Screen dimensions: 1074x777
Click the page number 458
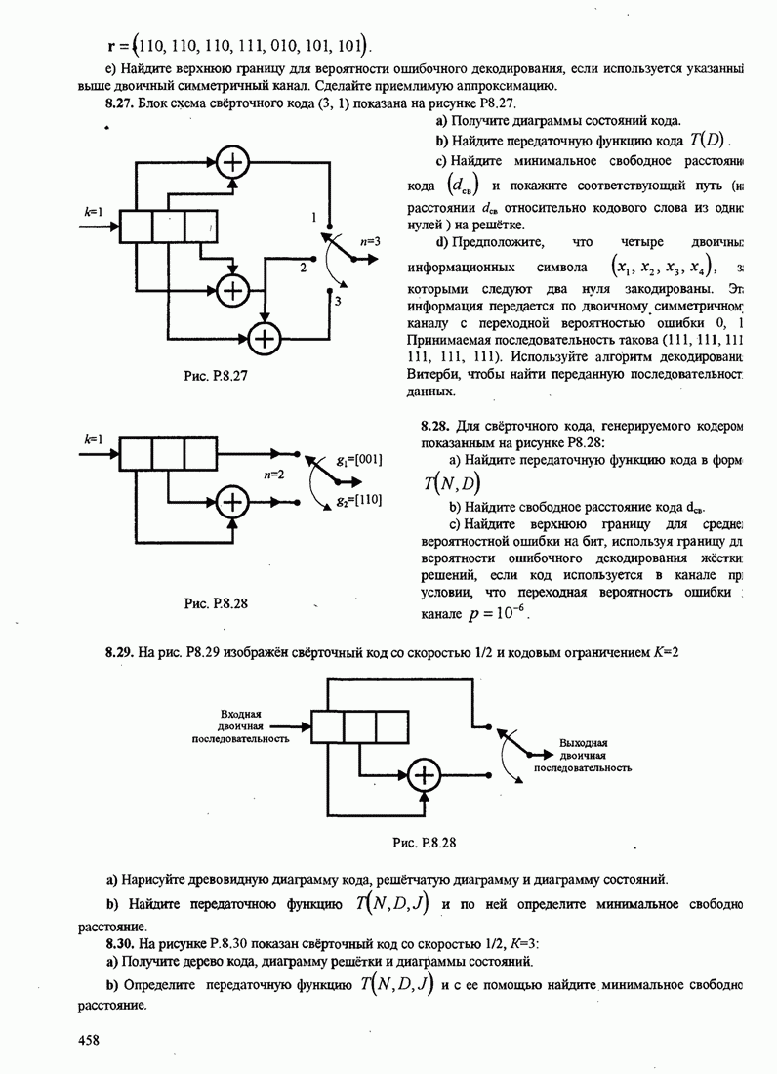[89, 1041]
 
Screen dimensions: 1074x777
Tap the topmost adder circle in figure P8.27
[232, 158]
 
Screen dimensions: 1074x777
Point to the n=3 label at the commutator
[368, 240]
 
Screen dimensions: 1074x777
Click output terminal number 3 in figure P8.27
[336, 303]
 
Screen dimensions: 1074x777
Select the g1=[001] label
[357, 458]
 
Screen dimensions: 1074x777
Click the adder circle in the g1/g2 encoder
[232, 502]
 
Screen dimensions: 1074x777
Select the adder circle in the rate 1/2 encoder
[424, 776]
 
